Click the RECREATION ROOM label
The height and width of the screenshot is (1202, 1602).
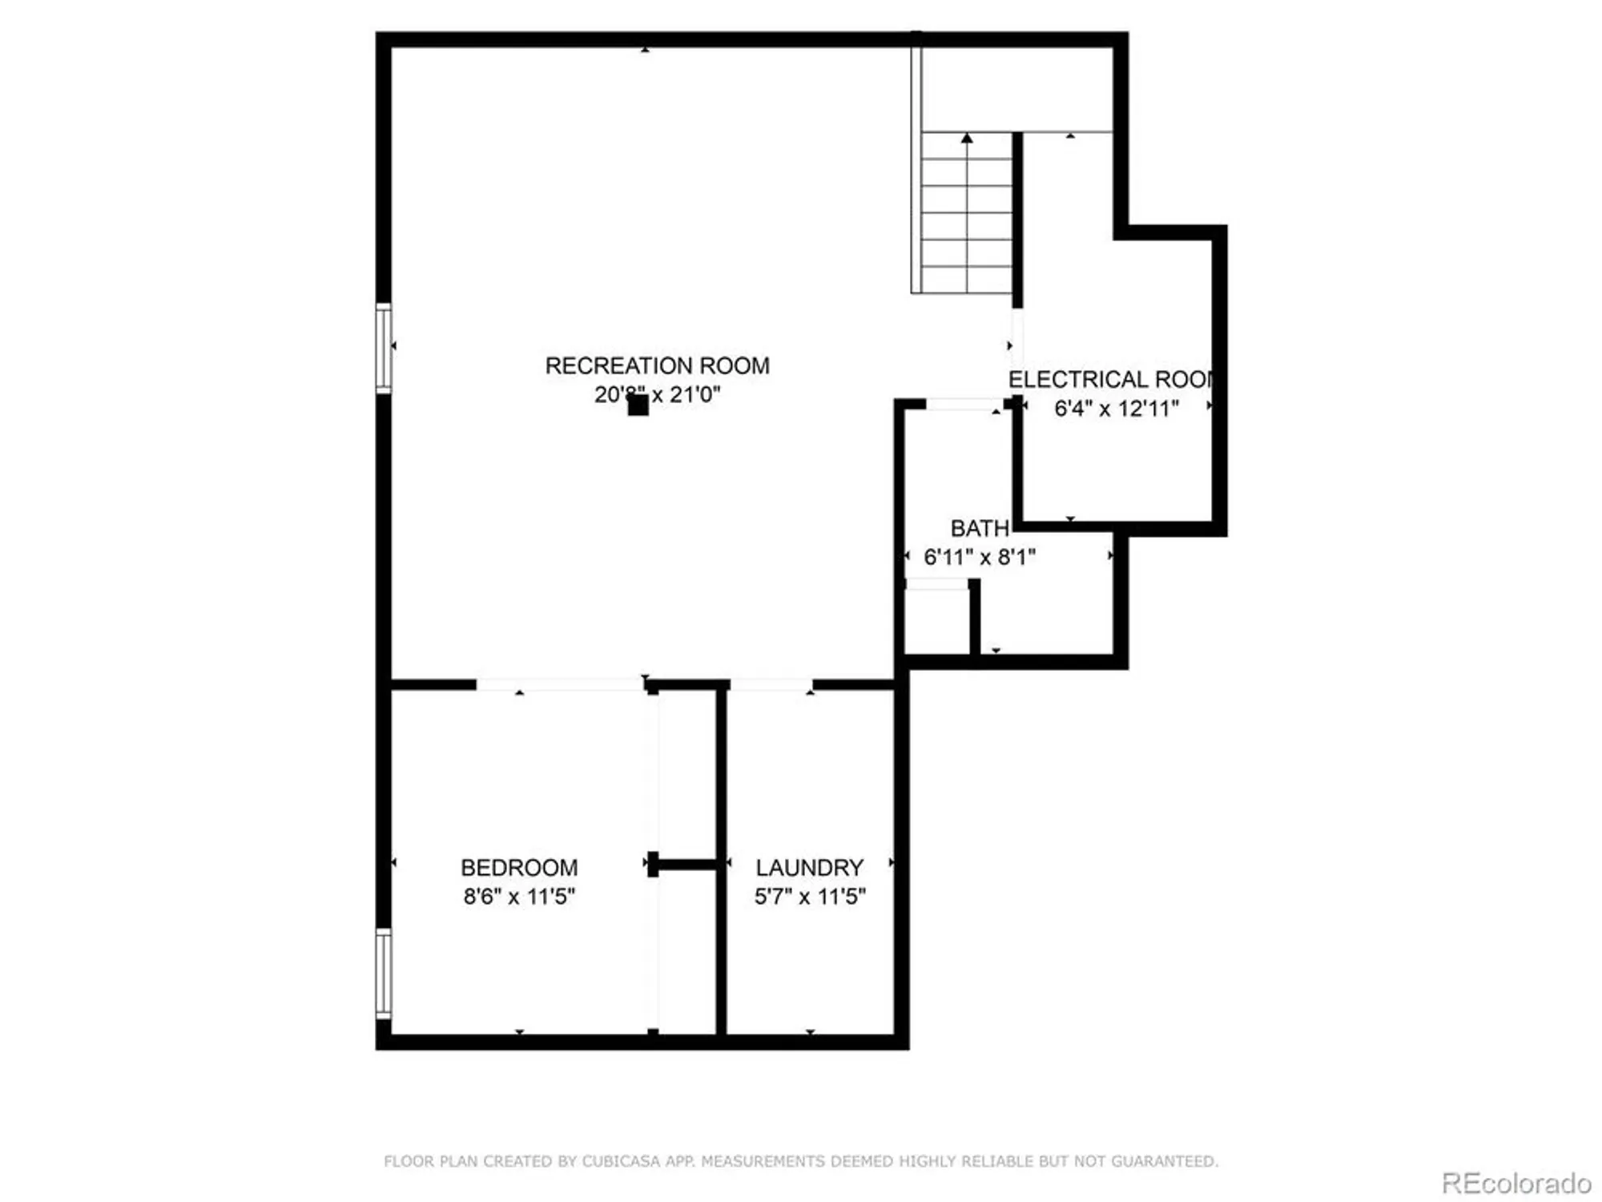pyautogui.click(x=657, y=366)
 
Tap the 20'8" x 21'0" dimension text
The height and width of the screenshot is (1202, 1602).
pyautogui.click(x=657, y=394)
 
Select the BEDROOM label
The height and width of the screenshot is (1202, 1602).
pyautogui.click(x=519, y=868)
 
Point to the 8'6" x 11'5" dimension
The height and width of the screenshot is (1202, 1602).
pyautogui.click(x=519, y=896)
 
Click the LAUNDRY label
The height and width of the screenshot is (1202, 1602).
pyautogui.click(x=810, y=868)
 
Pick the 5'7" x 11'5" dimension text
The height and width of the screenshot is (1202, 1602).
pyautogui.click(x=810, y=896)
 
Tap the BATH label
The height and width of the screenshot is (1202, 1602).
pyautogui.click(x=979, y=529)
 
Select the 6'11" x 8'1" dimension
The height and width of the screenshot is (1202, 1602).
pyautogui.click(x=980, y=557)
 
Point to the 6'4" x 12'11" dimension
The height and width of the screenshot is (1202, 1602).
pyautogui.click(x=1117, y=409)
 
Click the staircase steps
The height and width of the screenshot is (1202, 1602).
pyautogui.click(x=967, y=216)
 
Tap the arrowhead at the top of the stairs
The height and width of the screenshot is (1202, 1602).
pyautogui.click(x=967, y=139)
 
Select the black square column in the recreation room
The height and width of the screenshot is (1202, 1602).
pyautogui.click(x=638, y=405)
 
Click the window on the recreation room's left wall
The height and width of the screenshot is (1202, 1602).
pyautogui.click(x=384, y=349)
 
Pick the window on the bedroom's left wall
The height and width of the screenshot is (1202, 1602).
pyautogui.click(x=384, y=974)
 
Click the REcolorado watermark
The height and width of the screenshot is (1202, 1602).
pyautogui.click(x=1515, y=1183)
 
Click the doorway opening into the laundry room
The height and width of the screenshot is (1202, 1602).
pyautogui.click(x=771, y=685)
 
